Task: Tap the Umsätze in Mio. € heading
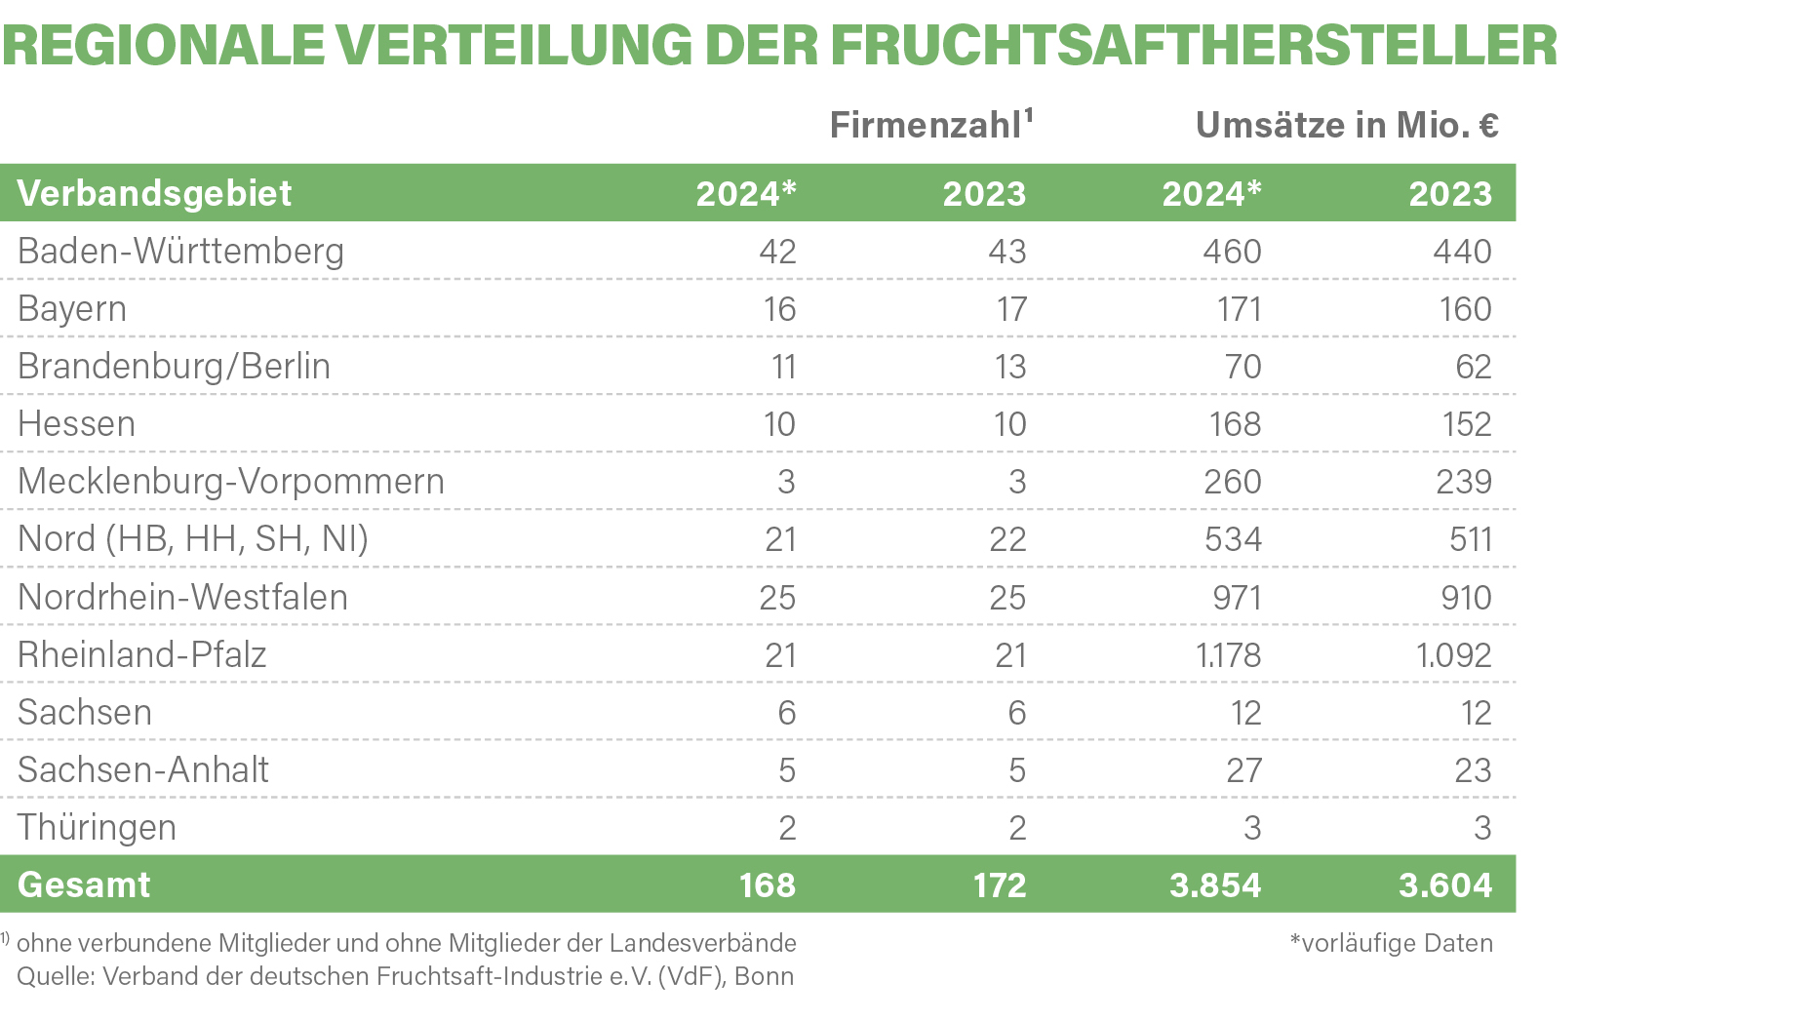pos(1347,125)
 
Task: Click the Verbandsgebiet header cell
pos(154,193)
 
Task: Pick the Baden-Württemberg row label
pos(180,252)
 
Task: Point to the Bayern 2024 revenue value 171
pos(1239,309)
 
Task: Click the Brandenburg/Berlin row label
pos(174,367)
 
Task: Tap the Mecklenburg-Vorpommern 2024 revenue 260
pos(1233,482)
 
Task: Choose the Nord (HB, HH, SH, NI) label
pos(193,539)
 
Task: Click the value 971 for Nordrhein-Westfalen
pos(1237,597)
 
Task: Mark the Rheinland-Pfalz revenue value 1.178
pos(1228,654)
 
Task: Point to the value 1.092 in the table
pos(1453,654)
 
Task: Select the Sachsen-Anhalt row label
pos(142,770)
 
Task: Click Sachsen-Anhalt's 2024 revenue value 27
pos(1243,770)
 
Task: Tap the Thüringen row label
pos(97,828)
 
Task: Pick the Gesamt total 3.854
pos(1215,885)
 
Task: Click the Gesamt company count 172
pos(1000,885)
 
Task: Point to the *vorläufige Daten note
pos(1391,943)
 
